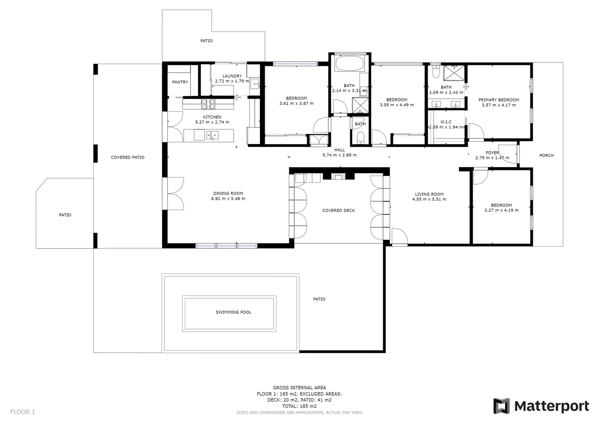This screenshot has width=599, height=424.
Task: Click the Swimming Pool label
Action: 233,312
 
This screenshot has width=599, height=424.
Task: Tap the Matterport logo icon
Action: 501,406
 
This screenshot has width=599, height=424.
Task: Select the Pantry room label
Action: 180,82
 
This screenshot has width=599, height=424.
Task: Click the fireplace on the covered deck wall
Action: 338,176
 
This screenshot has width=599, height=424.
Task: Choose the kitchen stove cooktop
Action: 208,104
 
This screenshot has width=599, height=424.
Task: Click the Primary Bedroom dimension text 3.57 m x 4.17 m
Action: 498,105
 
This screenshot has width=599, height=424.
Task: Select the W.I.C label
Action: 446,122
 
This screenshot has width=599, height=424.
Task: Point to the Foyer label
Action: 492,153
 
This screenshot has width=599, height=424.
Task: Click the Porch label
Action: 546,155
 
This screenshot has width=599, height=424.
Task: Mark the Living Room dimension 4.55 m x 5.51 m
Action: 429,199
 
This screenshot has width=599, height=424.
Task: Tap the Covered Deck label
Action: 338,210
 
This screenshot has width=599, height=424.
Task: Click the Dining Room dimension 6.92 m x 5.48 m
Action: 228,199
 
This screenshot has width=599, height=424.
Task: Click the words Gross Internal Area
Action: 299,387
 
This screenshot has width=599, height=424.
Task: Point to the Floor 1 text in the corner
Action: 22,412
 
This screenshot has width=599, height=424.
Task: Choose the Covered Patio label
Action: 127,157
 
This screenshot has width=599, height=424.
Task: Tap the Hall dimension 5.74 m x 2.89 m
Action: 339,155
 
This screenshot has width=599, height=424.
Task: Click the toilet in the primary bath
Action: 435,71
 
